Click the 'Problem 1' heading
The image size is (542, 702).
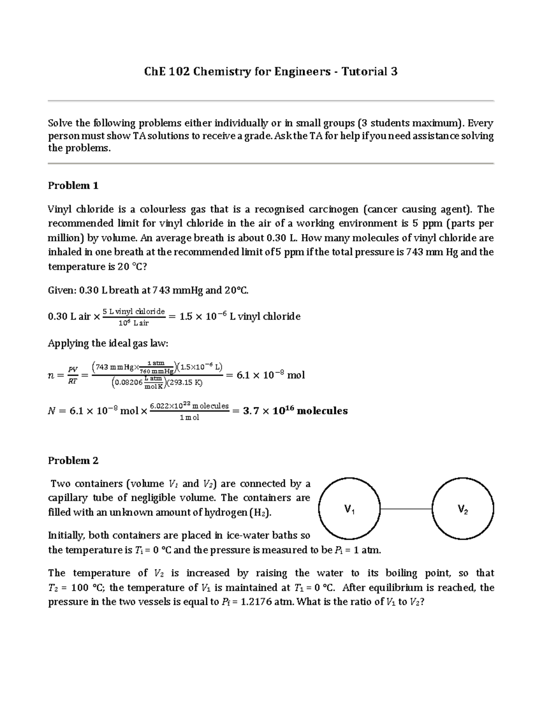tap(73, 185)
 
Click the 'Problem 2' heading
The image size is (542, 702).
tap(73, 460)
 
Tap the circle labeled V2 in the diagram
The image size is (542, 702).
tap(463, 509)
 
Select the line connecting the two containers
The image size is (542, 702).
tap(406, 509)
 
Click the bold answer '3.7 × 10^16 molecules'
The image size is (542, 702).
tap(295, 411)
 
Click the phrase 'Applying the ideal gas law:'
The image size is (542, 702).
tap(108, 343)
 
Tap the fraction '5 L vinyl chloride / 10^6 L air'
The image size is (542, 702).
tap(134, 317)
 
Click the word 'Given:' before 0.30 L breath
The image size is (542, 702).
tap(62, 290)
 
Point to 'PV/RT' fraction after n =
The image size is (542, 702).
tap(72, 375)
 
